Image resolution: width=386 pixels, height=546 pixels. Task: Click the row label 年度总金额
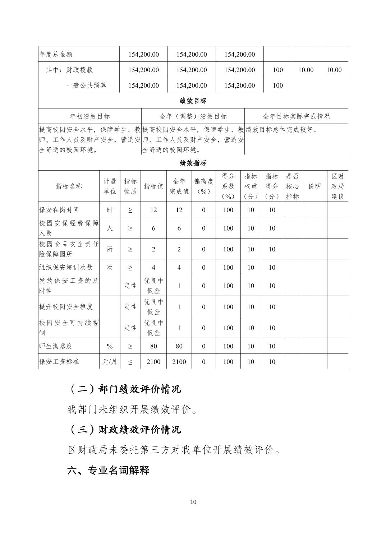pos(56,54)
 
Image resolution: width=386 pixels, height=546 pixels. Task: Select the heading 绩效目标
pos(193,101)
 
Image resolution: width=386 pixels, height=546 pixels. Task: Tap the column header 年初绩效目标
pos(89,116)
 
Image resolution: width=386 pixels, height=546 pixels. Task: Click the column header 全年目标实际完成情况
pos(296,116)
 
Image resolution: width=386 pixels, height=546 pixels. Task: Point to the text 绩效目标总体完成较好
pos(282,130)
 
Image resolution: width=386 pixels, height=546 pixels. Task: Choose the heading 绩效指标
pos(193,163)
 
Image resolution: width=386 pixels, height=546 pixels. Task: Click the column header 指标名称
pos(69,186)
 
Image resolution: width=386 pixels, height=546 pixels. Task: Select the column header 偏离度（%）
pos(203,186)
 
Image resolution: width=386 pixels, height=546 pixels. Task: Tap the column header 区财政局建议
pos(337,186)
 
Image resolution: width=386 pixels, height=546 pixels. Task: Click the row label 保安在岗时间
pos(59,210)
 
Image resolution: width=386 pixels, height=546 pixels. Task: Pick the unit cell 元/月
pos(110,362)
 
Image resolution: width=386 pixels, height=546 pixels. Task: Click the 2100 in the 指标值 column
pos(153,362)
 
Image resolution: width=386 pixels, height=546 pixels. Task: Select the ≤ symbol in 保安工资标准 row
pos(130,362)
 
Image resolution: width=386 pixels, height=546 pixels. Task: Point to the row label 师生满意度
pos(56,346)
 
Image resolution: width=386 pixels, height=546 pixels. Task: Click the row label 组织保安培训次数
pos(66,268)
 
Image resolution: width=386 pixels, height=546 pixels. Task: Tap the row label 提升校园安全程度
pos(66,307)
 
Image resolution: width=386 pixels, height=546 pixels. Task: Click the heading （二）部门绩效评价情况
pos(124,389)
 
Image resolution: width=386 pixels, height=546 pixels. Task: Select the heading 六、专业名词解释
pos(108,470)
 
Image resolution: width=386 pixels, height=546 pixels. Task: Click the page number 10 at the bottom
pos(193,502)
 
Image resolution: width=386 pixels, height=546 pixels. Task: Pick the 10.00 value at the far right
pos(334,70)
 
